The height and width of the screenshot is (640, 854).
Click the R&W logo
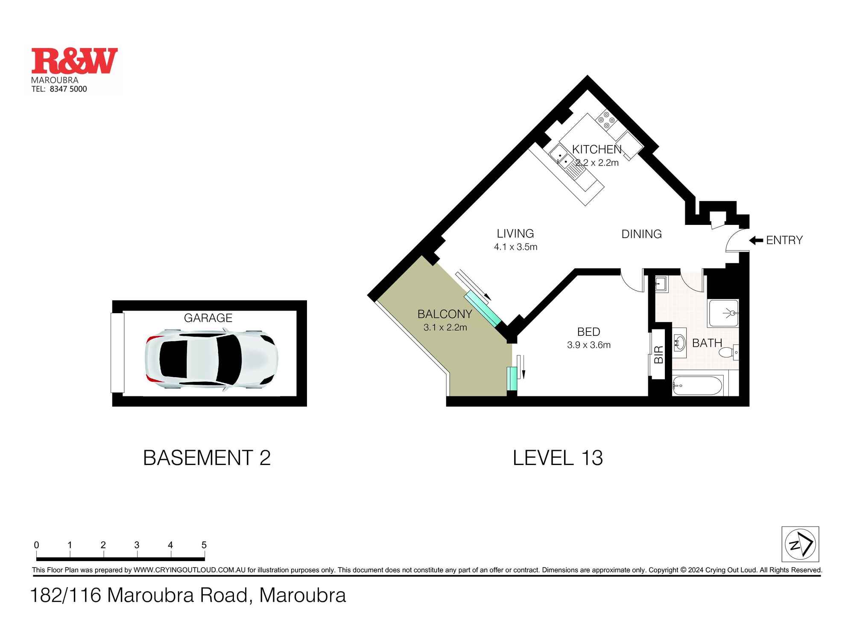[x=74, y=61]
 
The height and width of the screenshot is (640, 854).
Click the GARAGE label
[x=208, y=318]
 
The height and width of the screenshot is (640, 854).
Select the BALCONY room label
[x=445, y=314]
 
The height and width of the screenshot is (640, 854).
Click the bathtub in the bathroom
[x=697, y=386]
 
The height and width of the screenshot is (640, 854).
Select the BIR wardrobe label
[x=658, y=355]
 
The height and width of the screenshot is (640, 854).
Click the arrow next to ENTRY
[x=756, y=241]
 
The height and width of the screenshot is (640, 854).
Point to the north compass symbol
[x=800, y=544]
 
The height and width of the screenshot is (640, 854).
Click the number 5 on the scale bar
[x=204, y=545]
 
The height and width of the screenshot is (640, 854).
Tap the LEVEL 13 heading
[x=558, y=458]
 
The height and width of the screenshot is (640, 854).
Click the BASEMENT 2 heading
[x=207, y=458]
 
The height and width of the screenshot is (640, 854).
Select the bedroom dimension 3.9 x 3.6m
[x=588, y=345]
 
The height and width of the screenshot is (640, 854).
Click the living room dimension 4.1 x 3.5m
[x=515, y=247]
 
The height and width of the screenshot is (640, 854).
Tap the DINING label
[x=641, y=234]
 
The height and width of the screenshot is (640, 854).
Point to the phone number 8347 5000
[x=68, y=89]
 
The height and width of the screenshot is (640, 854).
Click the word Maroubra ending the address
[x=302, y=596]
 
